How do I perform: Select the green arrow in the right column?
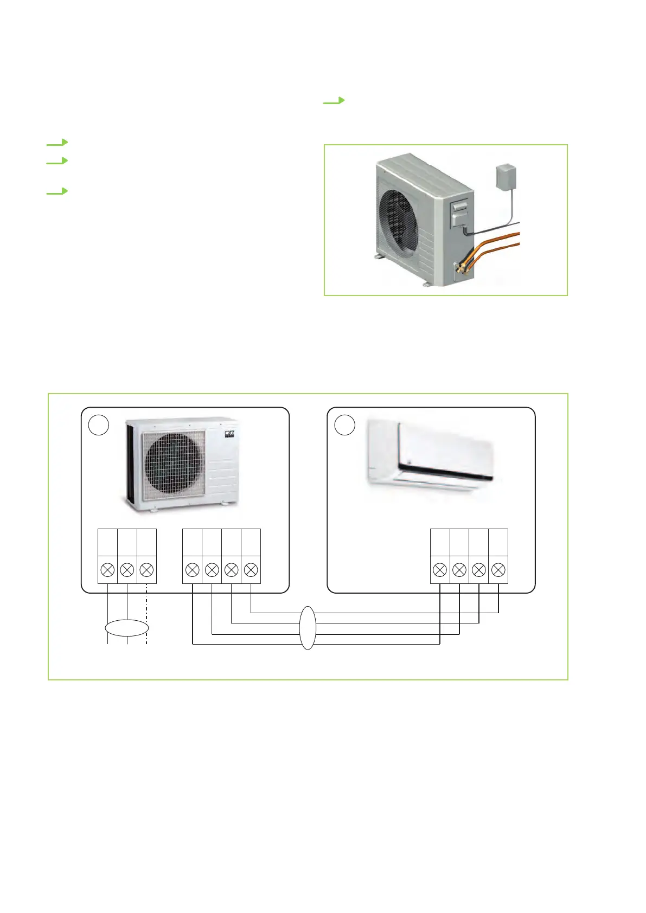click(334, 100)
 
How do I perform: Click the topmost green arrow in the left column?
click(57, 143)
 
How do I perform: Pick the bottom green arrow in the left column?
click(57, 191)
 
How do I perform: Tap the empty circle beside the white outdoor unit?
click(99, 426)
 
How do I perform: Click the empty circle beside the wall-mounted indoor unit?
click(344, 426)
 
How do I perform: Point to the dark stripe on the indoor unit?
click(445, 472)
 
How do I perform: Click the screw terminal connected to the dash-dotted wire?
click(146, 570)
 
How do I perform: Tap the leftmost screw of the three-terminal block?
click(107, 570)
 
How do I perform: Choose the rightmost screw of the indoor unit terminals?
click(498, 570)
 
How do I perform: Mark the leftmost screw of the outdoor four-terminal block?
click(192, 570)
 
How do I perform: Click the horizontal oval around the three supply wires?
click(126, 628)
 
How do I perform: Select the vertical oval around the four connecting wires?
click(308, 628)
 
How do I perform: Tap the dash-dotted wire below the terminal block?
click(147, 607)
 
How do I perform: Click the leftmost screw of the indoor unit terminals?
click(440, 570)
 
